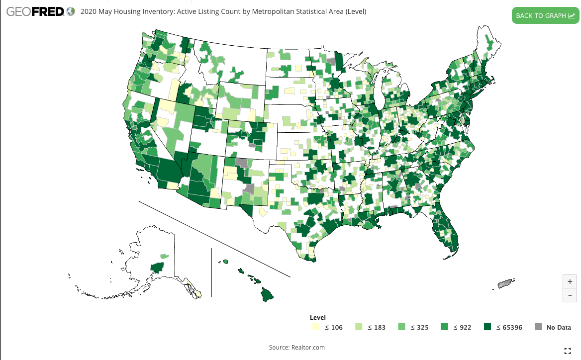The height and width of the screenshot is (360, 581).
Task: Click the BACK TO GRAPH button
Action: coord(545,15)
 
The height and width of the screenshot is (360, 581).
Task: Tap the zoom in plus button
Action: coord(570,281)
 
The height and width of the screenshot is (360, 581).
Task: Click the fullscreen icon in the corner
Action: coord(568,351)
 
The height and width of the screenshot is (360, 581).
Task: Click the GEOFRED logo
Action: coord(35,11)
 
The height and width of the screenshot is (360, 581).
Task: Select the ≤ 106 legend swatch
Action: coord(315,327)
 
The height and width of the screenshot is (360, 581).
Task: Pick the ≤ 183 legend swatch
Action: coord(358,327)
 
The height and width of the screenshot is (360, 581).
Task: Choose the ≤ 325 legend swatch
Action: coord(401,327)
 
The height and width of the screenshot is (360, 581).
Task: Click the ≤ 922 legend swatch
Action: coord(444,327)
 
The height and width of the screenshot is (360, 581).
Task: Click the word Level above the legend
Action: coord(317,317)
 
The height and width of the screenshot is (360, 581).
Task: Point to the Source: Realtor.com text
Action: coord(296,347)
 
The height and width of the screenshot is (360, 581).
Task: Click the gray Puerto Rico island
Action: coord(506,284)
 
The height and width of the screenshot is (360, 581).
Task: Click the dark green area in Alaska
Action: coord(157,268)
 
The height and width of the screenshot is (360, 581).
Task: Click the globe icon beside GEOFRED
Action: coord(71,11)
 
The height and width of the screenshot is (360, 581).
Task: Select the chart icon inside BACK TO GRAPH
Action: coord(571,15)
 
